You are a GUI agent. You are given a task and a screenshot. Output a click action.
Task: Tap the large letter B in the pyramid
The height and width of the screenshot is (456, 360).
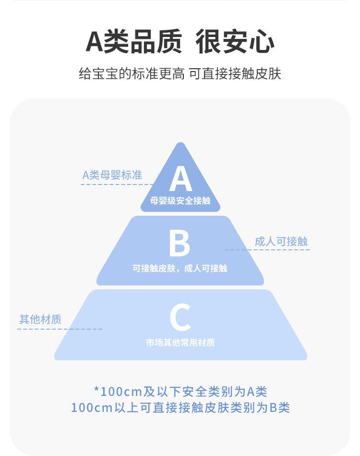(180, 244)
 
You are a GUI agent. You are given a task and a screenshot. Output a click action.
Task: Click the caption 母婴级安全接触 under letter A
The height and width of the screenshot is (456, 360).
(180, 201)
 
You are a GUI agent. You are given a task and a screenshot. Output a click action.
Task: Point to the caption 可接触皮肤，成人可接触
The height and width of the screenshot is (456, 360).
(180, 269)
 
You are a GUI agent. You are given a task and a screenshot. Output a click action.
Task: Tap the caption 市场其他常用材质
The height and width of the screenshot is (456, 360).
(180, 343)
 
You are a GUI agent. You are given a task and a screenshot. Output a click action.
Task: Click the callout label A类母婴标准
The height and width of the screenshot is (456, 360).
(112, 175)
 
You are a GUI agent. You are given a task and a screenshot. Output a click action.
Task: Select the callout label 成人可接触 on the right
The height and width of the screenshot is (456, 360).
(281, 241)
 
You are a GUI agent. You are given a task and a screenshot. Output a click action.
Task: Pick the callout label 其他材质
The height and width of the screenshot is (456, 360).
(40, 320)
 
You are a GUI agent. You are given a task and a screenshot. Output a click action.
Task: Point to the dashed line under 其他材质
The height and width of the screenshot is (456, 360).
(60, 329)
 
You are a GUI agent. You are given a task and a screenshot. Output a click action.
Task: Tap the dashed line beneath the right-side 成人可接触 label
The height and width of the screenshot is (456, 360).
(267, 250)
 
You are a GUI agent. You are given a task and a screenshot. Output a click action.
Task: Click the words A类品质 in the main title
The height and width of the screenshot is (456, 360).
(134, 42)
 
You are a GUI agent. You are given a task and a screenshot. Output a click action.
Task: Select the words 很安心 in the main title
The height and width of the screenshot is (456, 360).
(235, 42)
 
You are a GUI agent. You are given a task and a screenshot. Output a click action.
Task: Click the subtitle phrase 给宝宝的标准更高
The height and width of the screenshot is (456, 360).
(131, 74)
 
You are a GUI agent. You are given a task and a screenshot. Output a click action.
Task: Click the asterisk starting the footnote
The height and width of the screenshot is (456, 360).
(96, 391)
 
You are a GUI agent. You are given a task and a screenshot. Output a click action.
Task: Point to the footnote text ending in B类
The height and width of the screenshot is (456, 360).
(180, 408)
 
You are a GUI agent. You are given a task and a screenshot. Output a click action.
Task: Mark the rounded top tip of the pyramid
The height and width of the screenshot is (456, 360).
(180, 145)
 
